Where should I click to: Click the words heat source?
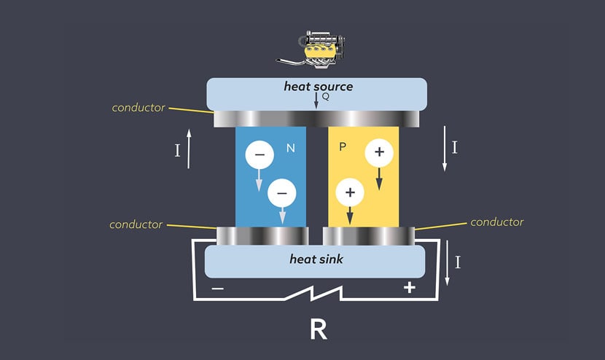coord(318,87)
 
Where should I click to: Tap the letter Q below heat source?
coord(326,97)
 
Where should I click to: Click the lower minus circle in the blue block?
coord(282,192)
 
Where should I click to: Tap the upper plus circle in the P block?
coord(378,152)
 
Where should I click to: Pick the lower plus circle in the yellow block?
coord(350,192)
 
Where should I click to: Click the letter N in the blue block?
coord(290,149)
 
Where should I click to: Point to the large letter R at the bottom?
coord(318,329)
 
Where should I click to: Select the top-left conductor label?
coord(138,107)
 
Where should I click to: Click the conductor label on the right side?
coord(497,222)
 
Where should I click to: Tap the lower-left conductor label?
coord(136,224)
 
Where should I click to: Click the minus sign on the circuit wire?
coord(217,288)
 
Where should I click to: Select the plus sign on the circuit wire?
coord(410,288)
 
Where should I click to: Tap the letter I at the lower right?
coord(458,262)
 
